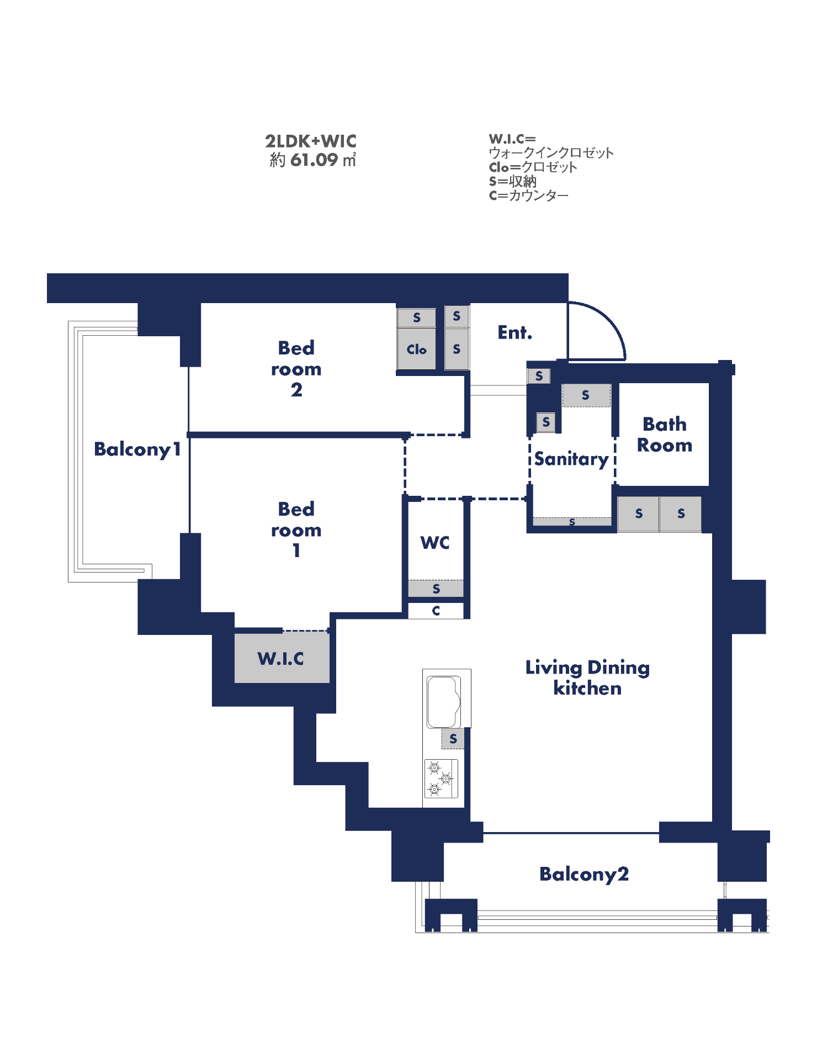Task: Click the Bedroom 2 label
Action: tap(296, 368)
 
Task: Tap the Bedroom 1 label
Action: tap(296, 529)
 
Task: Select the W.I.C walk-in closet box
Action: tap(282, 658)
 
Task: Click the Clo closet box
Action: tap(417, 349)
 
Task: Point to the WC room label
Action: tap(435, 543)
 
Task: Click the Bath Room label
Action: tap(665, 435)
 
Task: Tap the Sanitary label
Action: tap(571, 459)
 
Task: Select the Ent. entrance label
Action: tap(515, 332)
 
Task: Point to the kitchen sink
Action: tap(444, 702)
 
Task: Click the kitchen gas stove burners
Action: tap(441, 778)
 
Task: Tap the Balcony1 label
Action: tap(137, 449)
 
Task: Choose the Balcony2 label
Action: tap(584, 875)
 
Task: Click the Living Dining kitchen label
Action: tap(587, 677)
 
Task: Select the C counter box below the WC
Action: tap(436, 611)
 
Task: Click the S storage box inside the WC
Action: tap(436, 589)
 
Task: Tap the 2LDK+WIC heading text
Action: tap(311, 141)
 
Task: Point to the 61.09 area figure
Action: tap(314, 160)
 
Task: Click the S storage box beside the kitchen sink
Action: tap(453, 739)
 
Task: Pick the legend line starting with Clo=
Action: tap(533, 167)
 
